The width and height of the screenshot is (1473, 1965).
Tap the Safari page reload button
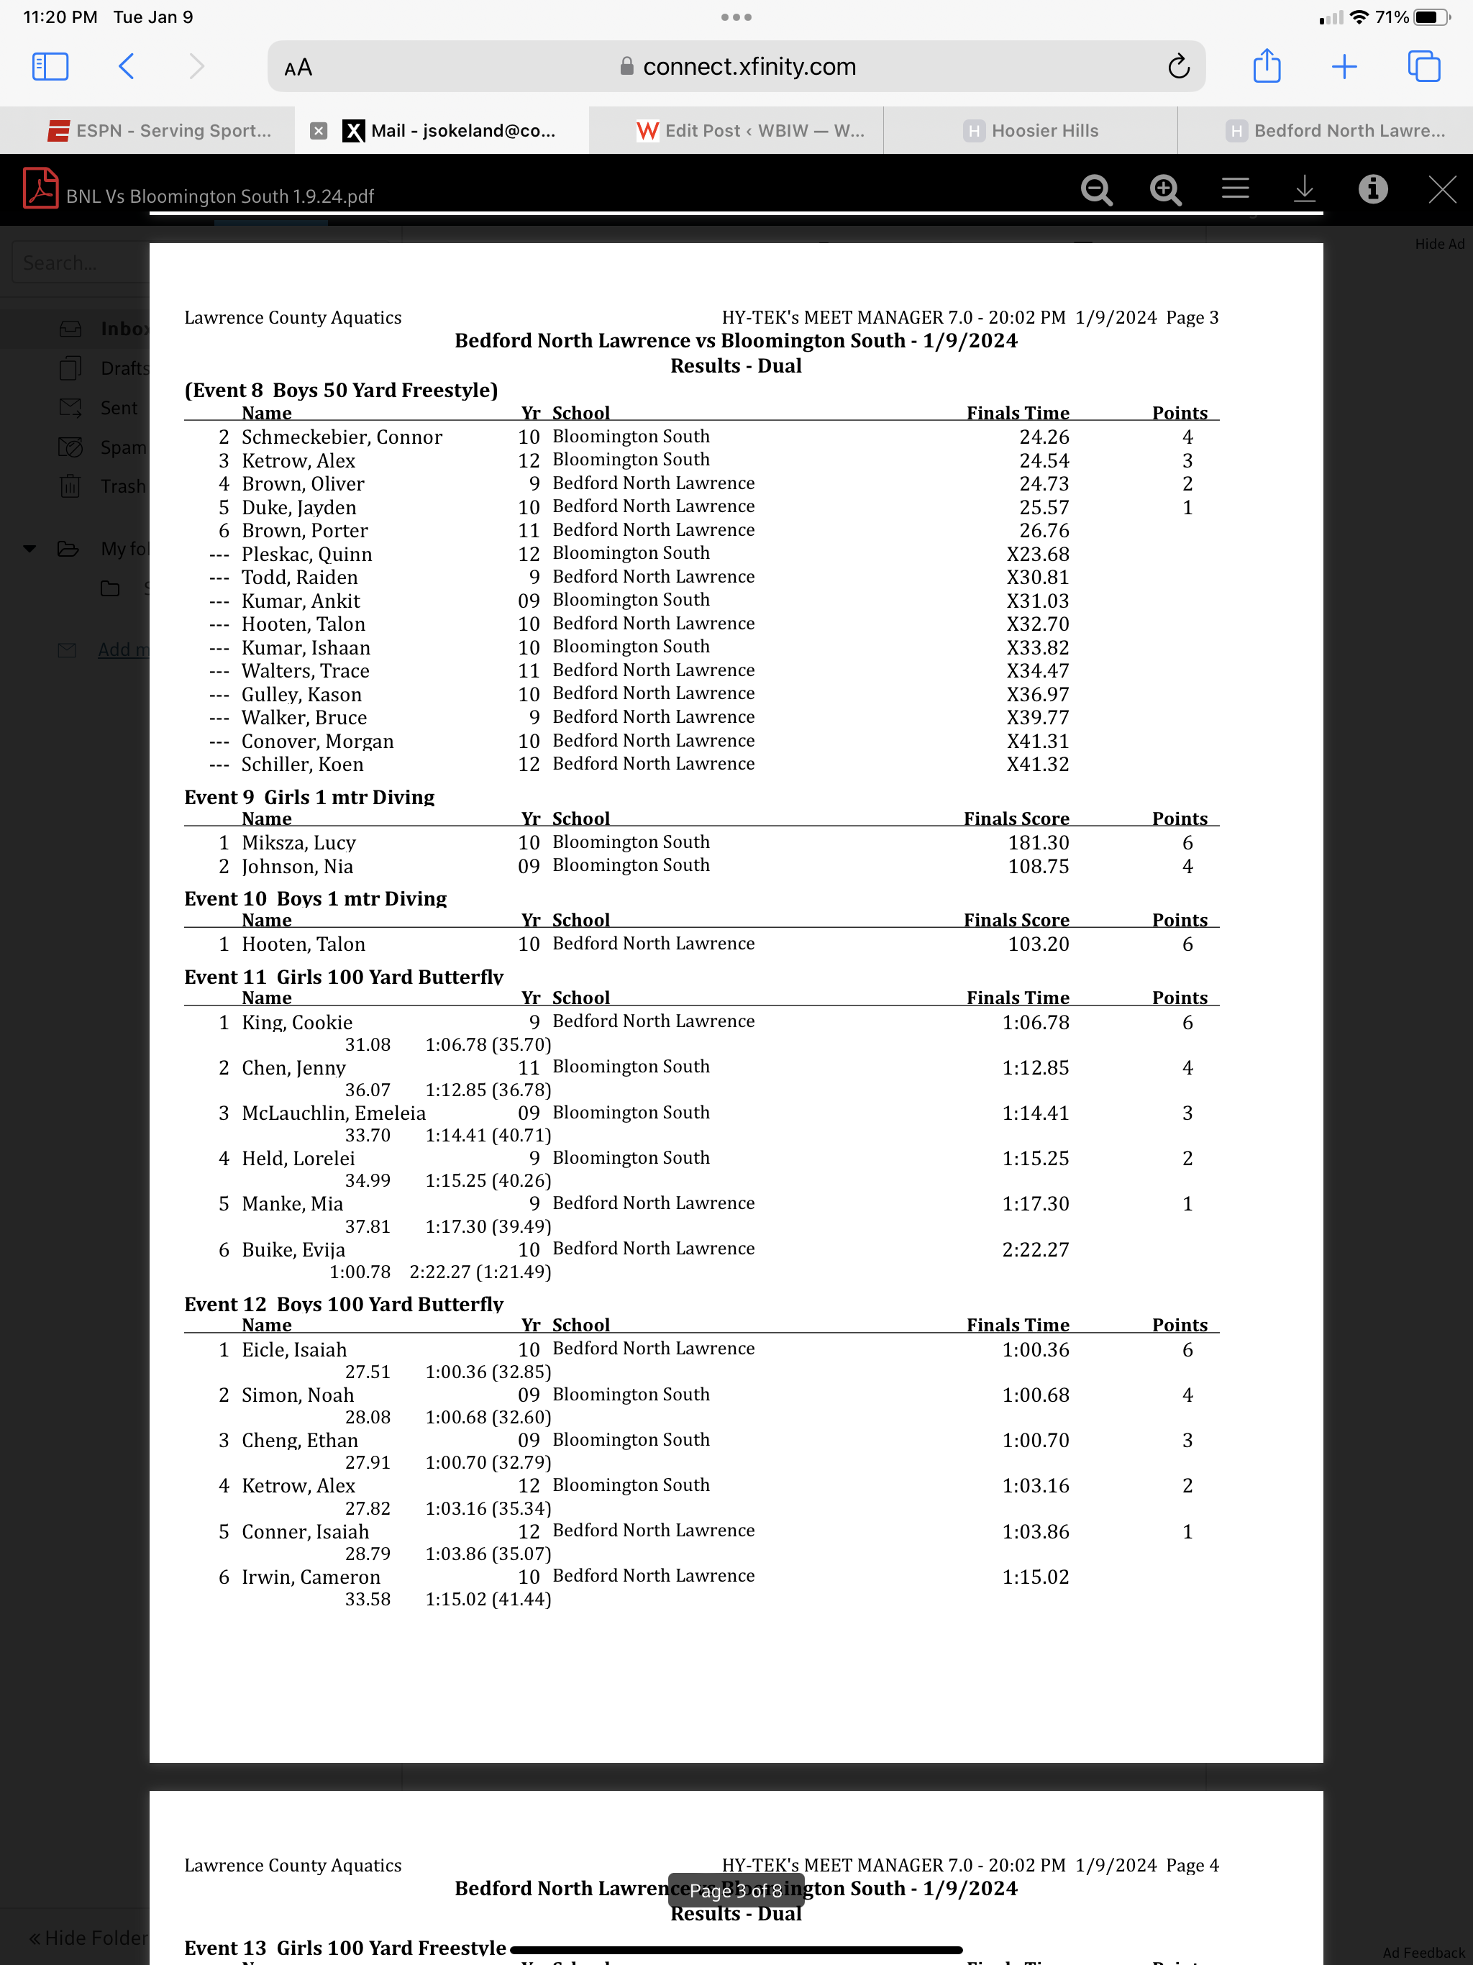tap(1178, 67)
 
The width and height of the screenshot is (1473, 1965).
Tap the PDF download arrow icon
tap(1303, 189)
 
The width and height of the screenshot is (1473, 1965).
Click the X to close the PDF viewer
tap(1441, 189)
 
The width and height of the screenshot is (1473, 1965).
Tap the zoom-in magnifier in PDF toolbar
tap(1164, 189)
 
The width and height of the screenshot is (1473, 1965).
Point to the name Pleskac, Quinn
tap(306, 555)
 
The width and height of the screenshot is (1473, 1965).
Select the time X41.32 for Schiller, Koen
tap(1037, 764)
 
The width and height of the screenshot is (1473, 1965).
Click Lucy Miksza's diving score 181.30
tap(1038, 842)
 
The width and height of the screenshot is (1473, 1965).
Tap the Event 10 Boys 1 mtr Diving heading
tap(316, 898)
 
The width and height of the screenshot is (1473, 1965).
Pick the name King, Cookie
tap(297, 1023)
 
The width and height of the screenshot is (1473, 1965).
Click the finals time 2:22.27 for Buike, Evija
tap(1035, 1249)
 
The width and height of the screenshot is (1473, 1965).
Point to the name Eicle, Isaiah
tap(294, 1349)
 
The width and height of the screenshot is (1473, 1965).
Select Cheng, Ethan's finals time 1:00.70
tap(1035, 1440)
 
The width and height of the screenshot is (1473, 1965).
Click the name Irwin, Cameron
tap(310, 1577)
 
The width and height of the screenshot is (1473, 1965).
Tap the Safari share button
tap(1266, 67)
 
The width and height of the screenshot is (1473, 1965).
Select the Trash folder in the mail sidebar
tap(122, 486)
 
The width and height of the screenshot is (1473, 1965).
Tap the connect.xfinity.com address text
tap(748, 67)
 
